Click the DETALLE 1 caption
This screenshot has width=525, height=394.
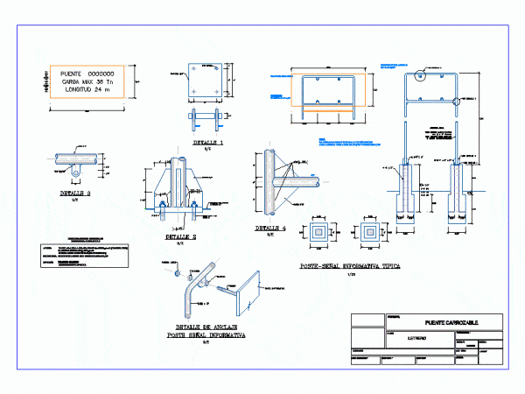208,141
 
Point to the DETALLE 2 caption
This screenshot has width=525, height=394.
179,236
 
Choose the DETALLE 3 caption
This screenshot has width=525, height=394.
75,193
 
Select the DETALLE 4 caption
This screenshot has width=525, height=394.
270,228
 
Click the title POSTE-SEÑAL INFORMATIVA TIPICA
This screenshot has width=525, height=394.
349,266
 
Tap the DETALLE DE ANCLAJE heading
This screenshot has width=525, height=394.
206,326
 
